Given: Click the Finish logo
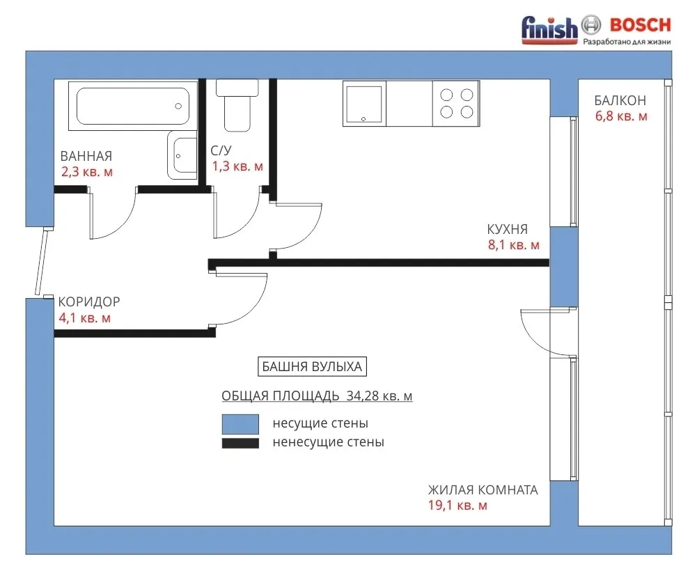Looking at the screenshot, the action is [549, 30].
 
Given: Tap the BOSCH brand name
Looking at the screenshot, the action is [641, 25].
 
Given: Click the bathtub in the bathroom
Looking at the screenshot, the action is [132, 106].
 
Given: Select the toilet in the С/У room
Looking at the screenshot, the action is [237, 105].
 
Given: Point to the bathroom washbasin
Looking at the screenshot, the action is [182, 155].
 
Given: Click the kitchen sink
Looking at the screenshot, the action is [364, 104].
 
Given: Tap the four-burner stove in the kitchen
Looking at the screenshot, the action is [456, 104].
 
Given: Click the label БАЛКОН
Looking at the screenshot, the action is [620, 100].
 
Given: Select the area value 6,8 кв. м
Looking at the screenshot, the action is [621, 116].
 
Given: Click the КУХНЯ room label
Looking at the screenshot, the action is [507, 229].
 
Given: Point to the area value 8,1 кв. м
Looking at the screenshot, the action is [514, 245].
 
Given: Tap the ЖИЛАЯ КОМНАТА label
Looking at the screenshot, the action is [483, 489].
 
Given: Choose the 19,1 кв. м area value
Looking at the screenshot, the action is [458, 505].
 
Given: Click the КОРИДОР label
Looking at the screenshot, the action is [89, 301].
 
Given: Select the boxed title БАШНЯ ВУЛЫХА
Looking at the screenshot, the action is [312, 367].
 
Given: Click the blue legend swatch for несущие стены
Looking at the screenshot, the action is [240, 424].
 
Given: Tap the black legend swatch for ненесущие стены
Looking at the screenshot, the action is [240, 443].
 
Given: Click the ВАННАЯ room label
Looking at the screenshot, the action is [86, 156].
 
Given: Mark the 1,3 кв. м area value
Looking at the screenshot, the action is [237, 166].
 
